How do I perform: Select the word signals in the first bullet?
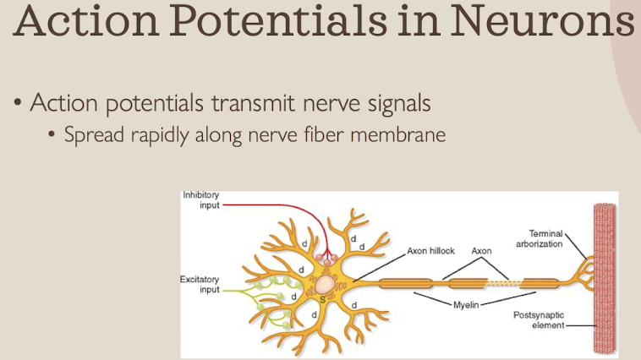click(x=394, y=104)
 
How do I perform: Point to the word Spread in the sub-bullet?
click(x=92, y=134)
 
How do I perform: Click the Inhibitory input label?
click(x=201, y=200)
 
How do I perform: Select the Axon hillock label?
click(x=430, y=251)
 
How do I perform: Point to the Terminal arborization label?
click(x=539, y=238)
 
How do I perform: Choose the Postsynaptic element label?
click(x=539, y=320)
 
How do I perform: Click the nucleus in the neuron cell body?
click(x=324, y=282)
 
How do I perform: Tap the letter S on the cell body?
click(x=321, y=300)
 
